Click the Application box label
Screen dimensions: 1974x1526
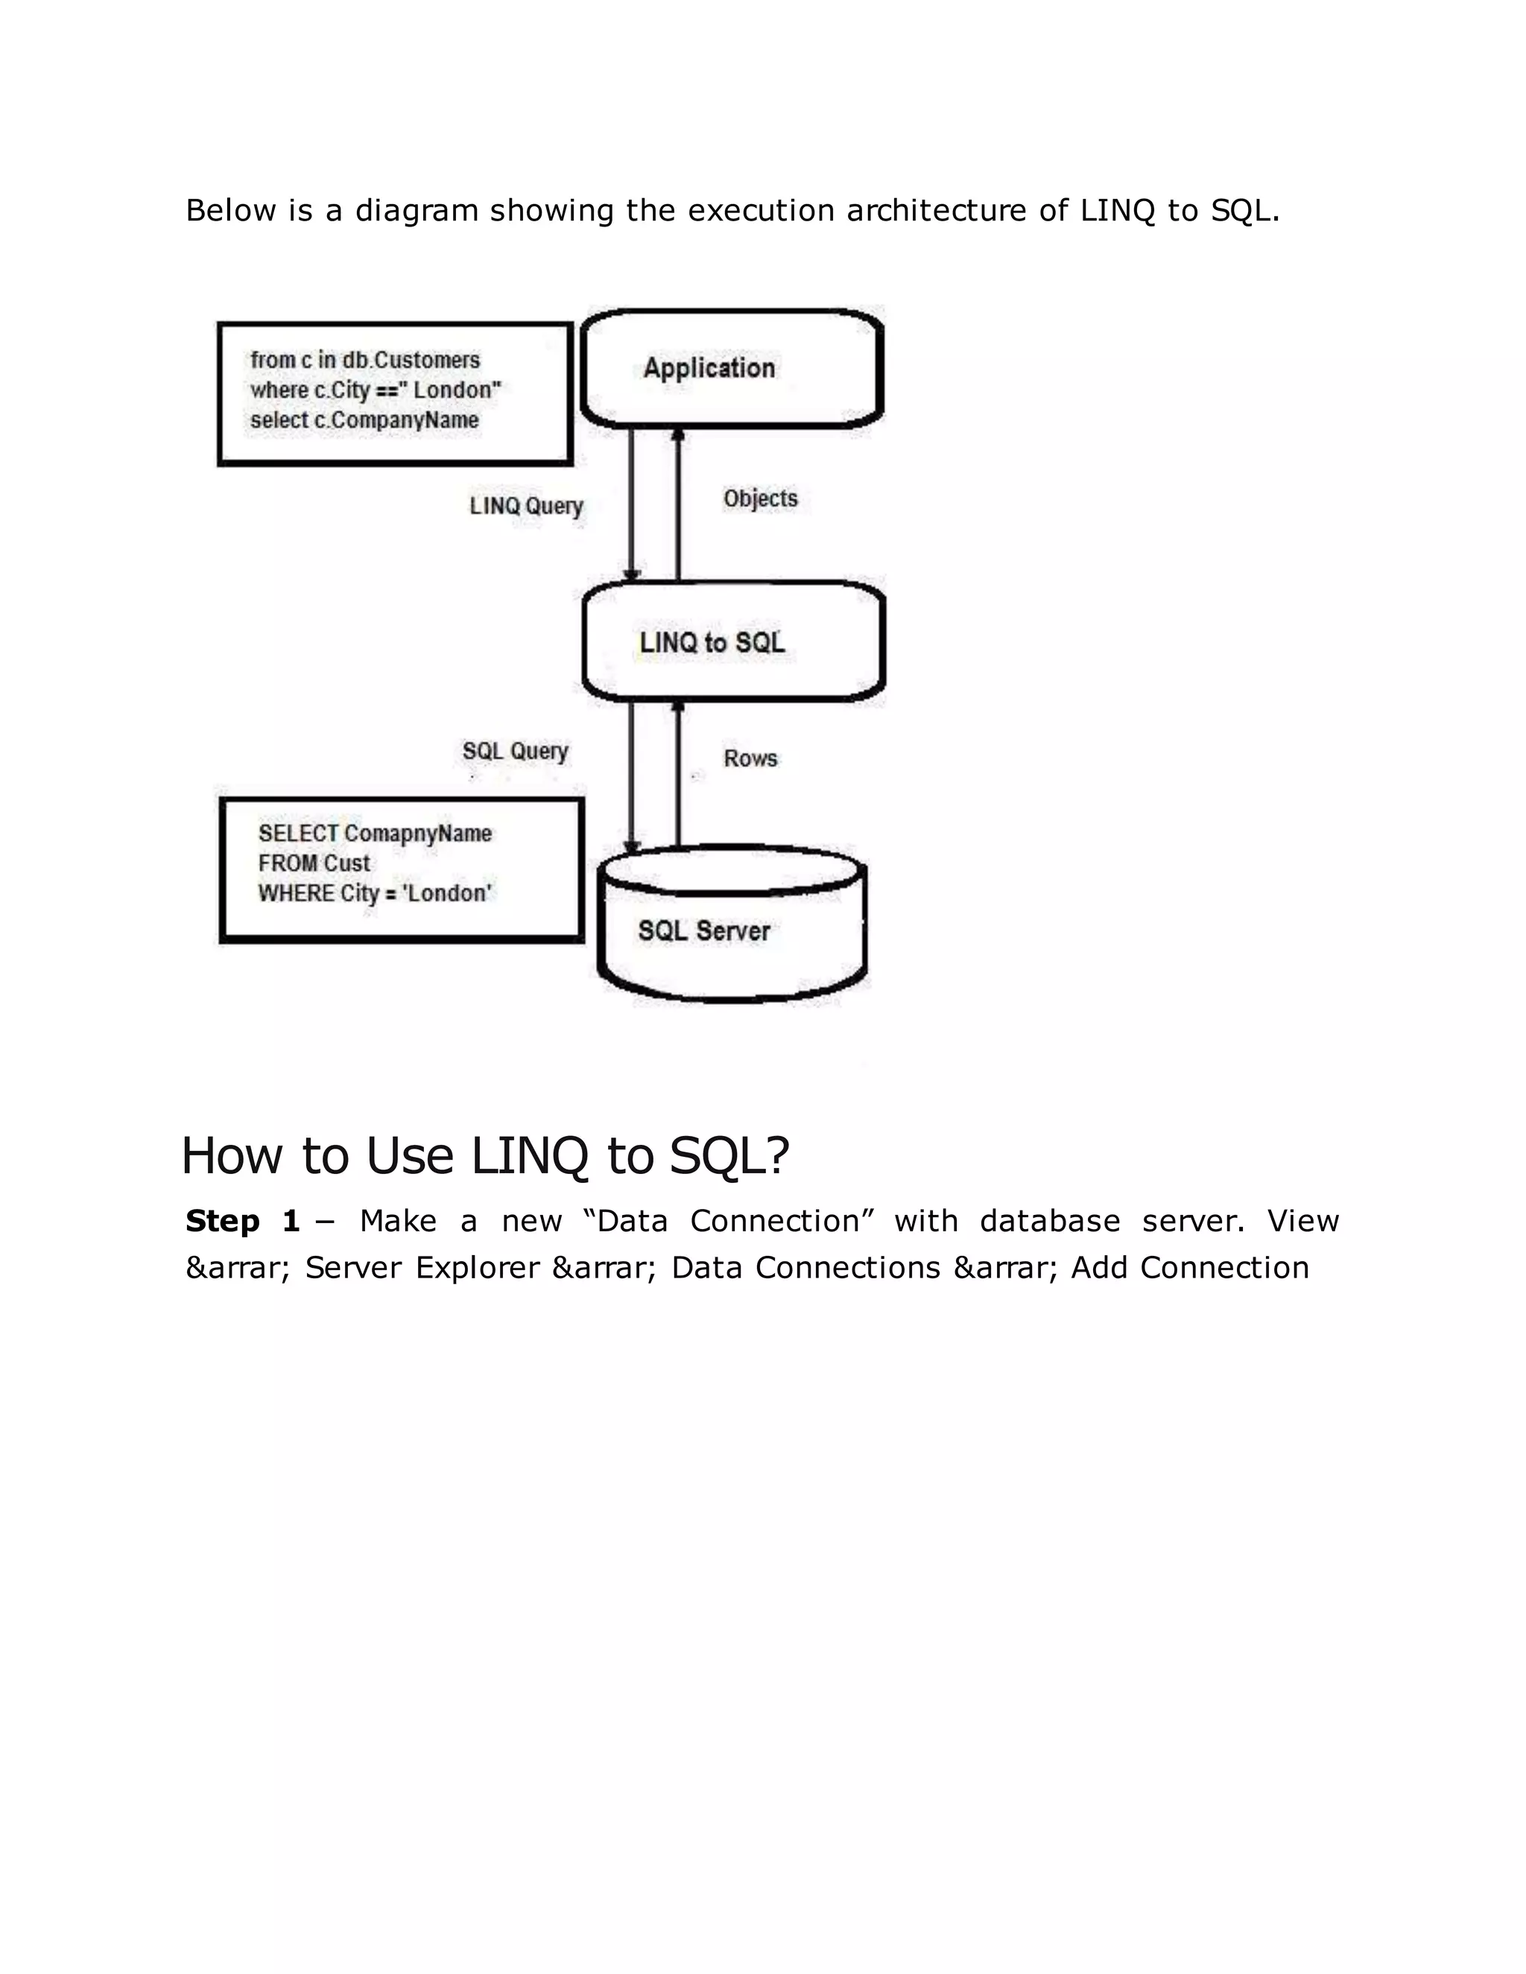(x=709, y=368)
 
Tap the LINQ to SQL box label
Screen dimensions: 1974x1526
(x=712, y=643)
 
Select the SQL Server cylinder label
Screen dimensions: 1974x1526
(x=703, y=931)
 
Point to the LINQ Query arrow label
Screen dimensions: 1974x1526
(x=526, y=506)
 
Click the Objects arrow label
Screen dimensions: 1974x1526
(x=760, y=499)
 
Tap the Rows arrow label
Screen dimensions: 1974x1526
(x=750, y=758)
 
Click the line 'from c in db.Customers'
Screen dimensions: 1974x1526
(x=365, y=360)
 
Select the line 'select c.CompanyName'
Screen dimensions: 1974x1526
(x=364, y=420)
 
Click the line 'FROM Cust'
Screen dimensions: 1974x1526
(x=314, y=863)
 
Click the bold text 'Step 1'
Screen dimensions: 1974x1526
(x=242, y=1221)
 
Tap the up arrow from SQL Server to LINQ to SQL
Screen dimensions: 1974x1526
(x=678, y=777)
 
